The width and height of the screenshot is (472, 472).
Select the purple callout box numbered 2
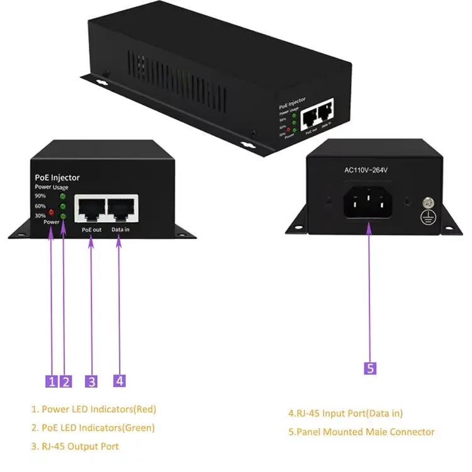(66, 381)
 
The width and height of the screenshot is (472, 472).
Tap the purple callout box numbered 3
(92, 381)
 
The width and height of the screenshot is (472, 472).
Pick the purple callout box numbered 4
(120, 381)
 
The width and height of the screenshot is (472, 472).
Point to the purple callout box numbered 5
(371, 369)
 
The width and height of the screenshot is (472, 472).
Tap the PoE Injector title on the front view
(57, 178)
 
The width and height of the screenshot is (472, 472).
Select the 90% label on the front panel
(40, 196)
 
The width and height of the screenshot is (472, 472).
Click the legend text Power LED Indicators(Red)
(94, 409)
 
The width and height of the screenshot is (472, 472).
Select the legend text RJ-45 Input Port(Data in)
(346, 413)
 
